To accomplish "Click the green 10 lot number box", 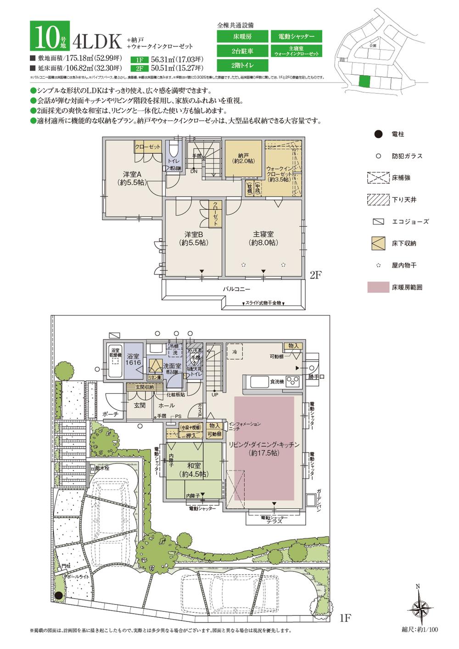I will point(50,36).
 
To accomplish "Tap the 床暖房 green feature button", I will point(241,36).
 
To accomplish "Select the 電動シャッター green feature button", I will point(296,36).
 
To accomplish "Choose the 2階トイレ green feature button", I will point(241,65).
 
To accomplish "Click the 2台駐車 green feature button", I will point(241,50).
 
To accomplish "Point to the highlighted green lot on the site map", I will point(364,81).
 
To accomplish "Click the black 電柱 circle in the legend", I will point(378,134).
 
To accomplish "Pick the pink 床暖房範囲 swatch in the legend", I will point(378,288).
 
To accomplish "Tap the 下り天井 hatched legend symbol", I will point(378,200).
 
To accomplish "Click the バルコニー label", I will point(236,290).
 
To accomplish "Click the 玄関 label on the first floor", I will point(140,406).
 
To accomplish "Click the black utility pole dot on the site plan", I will point(58,596).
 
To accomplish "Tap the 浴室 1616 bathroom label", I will point(133,359).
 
